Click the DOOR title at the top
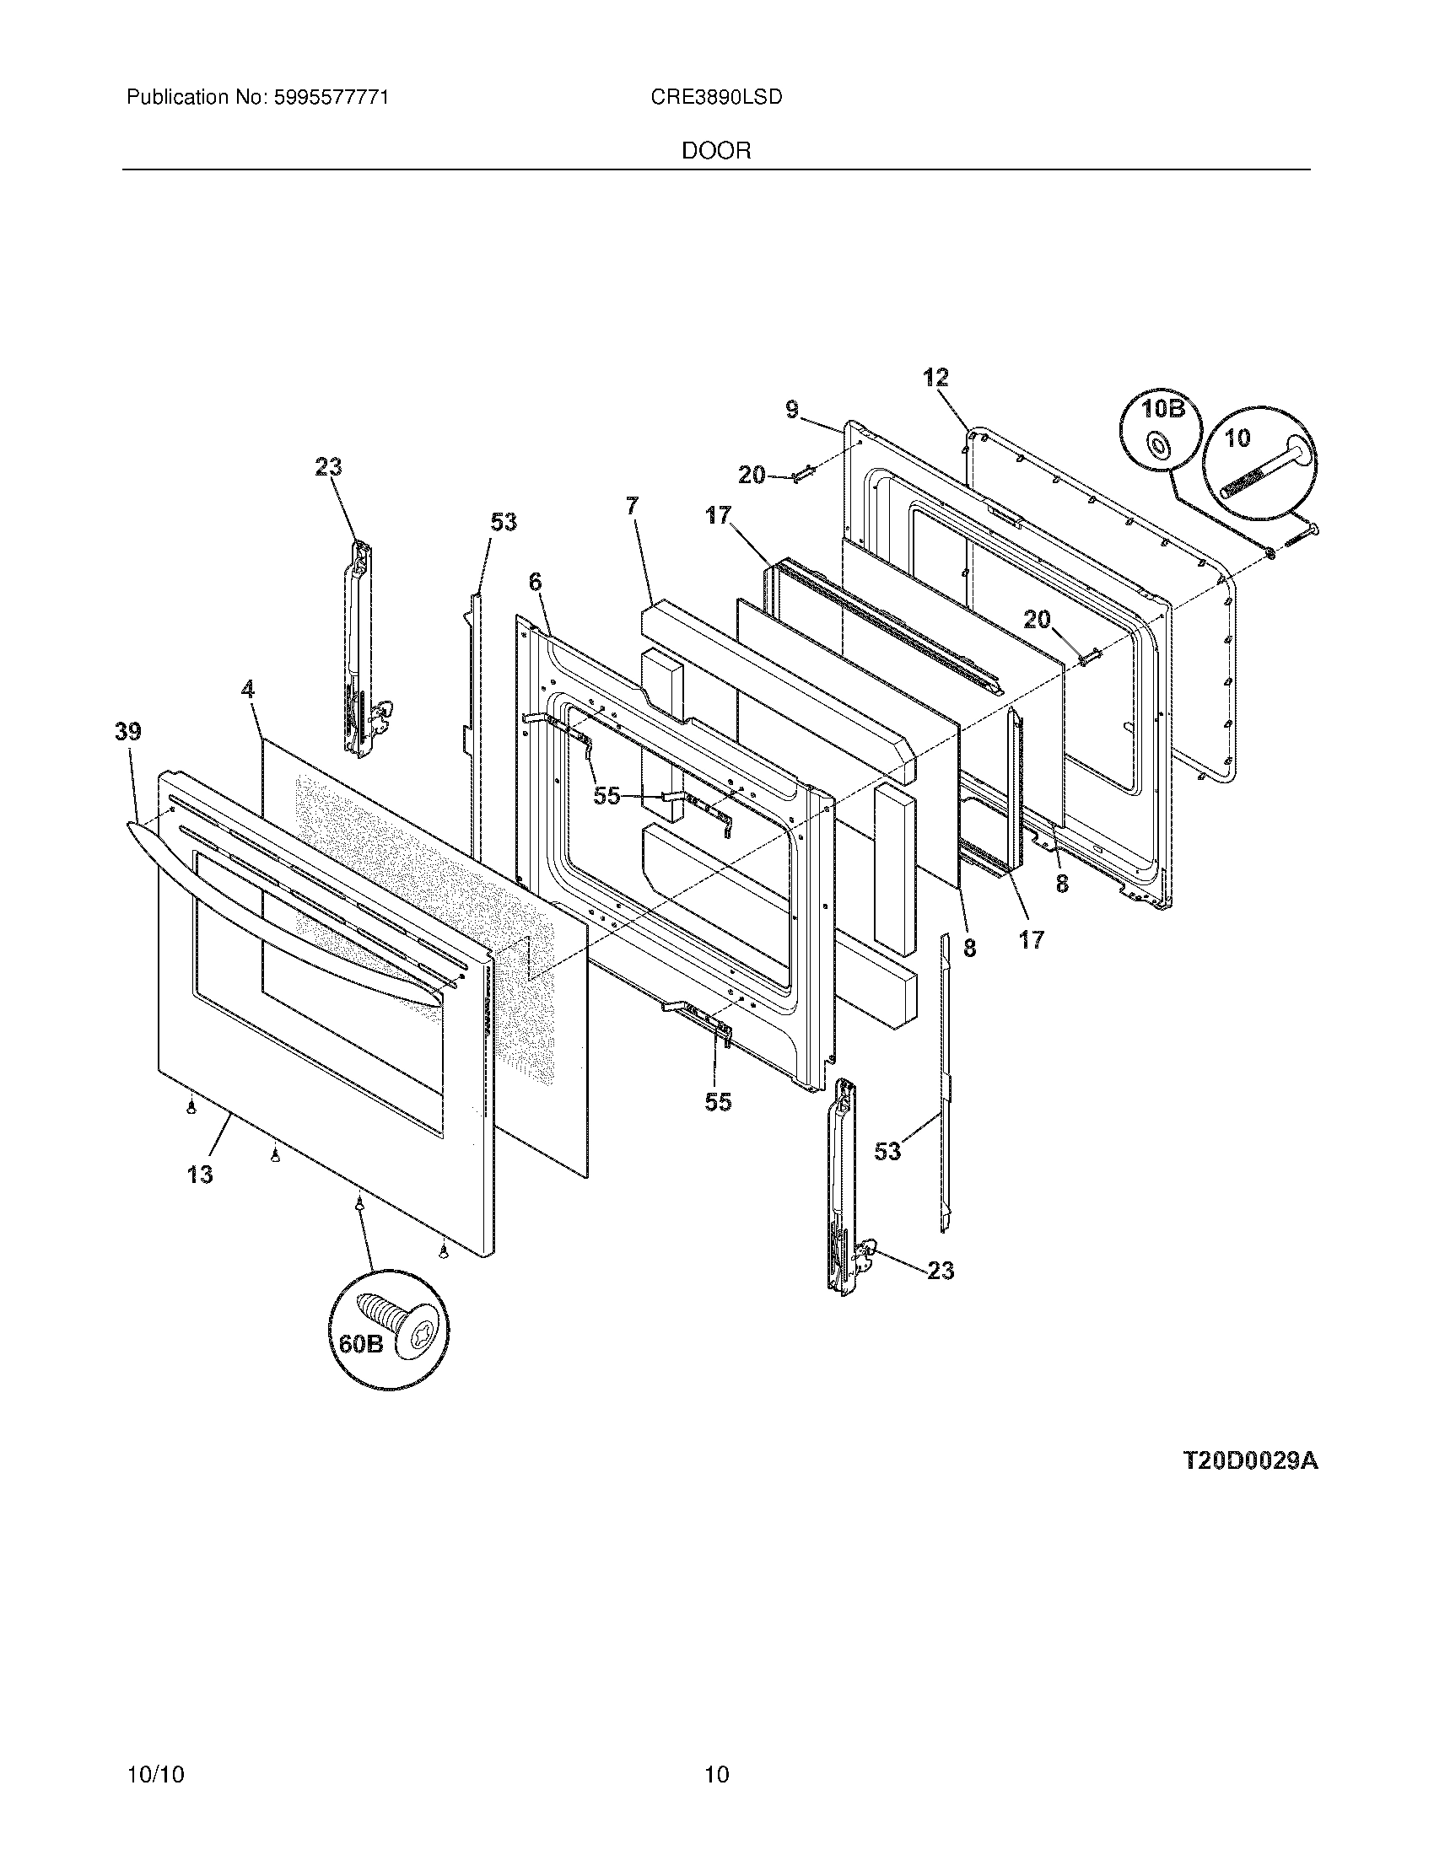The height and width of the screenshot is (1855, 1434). [716, 151]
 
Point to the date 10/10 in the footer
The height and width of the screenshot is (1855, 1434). [155, 1751]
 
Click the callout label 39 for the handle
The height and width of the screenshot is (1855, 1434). [128, 732]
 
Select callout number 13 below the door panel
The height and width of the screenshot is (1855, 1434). [200, 1175]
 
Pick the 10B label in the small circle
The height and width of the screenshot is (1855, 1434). [1162, 410]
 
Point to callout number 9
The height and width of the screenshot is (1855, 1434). [792, 411]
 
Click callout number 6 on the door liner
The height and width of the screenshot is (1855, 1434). [534, 582]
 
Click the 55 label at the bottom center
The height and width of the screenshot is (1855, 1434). [717, 1102]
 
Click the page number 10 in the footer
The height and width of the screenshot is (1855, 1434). [716, 1751]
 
